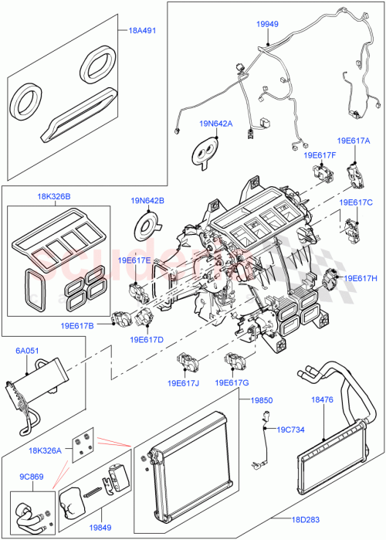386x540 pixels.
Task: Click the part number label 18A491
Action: tap(142, 31)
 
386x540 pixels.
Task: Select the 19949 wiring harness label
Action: tap(267, 25)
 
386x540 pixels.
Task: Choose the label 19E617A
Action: tap(353, 141)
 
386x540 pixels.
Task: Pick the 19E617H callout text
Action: tap(360, 278)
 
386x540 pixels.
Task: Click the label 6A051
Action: tap(28, 350)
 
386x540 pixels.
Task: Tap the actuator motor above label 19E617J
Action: tap(188, 360)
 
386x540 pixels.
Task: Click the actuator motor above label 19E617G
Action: tap(235, 359)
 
